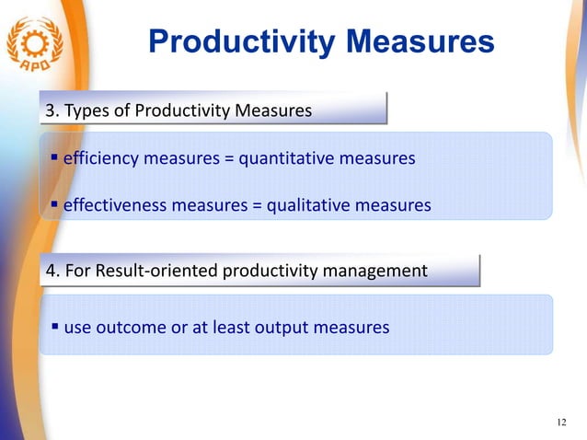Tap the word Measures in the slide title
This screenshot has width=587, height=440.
419,41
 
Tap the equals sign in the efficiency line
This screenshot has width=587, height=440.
228,159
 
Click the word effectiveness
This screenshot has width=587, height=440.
115,205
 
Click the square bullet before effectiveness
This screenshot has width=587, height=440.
55,204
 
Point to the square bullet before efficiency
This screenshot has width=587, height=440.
55,158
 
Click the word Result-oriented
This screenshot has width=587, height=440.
155,272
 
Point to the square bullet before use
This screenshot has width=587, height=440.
55,326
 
